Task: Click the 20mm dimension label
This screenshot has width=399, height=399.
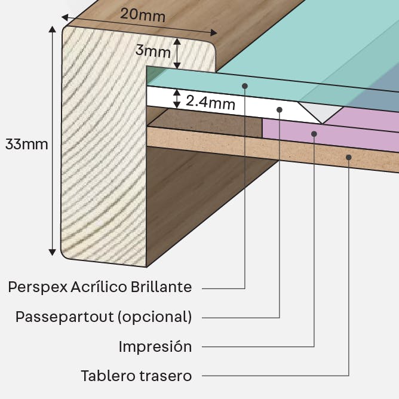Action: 143,15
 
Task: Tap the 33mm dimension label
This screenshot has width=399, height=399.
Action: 27,145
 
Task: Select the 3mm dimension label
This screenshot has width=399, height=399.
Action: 153,51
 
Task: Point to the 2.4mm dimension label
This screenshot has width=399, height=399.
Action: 210,103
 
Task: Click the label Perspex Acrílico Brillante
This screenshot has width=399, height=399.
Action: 100,287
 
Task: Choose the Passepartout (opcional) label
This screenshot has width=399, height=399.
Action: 103,317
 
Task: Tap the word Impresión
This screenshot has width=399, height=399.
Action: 155,346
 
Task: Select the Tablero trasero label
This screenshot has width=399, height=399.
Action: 136,376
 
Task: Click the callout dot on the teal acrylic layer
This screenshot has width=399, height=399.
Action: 245,86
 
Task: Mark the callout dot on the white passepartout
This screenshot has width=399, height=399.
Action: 280,110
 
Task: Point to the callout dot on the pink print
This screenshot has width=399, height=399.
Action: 314,134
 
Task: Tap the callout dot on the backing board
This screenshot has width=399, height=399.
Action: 349,157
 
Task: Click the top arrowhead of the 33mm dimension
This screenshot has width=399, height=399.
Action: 52,29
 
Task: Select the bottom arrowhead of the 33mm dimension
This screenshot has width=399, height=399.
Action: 52,252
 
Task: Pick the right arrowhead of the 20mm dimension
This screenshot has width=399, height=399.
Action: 213,33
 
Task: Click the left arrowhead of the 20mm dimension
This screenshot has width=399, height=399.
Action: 65,17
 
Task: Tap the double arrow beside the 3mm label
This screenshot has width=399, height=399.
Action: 177,54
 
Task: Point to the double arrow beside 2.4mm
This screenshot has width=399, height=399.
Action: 177,99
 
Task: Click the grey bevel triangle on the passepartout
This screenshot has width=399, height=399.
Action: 321,112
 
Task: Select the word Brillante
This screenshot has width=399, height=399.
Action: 161,287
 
